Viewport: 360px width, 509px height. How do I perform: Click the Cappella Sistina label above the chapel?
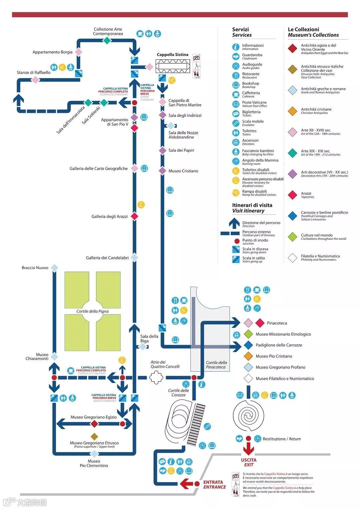pos(172,55)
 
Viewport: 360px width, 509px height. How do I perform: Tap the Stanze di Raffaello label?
pos(34,73)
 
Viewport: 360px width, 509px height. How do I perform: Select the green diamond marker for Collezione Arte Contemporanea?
pos(107,41)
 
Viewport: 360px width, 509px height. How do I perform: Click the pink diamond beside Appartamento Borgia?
pos(79,52)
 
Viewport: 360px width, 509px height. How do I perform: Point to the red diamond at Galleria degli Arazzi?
pos(134,217)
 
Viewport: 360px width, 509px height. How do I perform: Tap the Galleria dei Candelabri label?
pos(107,258)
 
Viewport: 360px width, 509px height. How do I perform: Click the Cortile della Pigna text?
pos(92,311)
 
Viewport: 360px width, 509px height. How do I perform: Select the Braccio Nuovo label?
pos(35,268)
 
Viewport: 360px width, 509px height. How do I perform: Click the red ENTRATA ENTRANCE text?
pos(214,485)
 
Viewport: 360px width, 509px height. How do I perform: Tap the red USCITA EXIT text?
pos(249,462)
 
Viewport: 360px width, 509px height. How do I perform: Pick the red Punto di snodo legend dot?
pos(237,241)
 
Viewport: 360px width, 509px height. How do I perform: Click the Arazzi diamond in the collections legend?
pos(292,195)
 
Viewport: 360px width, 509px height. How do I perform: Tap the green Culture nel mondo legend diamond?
pos(292,237)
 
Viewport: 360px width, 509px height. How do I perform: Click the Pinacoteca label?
pos(277,323)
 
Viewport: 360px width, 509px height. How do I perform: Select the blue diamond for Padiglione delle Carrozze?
pos(248,345)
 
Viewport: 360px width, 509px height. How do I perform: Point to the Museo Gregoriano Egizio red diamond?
pos(94,424)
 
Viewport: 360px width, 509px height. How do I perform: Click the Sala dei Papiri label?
pos(181,151)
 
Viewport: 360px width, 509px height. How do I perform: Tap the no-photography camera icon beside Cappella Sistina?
pos(197,58)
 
